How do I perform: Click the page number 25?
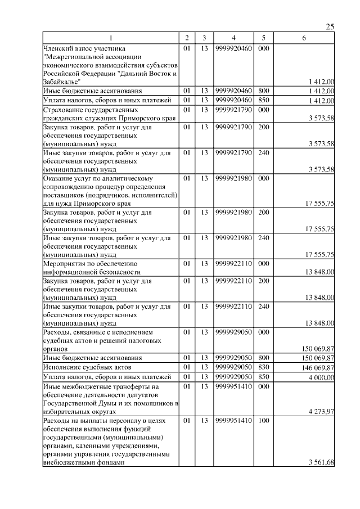coord(330,26)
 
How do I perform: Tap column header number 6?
coord(304,38)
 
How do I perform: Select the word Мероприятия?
coord(64,263)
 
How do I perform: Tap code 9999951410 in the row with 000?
coord(233,386)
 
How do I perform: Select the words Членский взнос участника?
coord(82,48)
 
